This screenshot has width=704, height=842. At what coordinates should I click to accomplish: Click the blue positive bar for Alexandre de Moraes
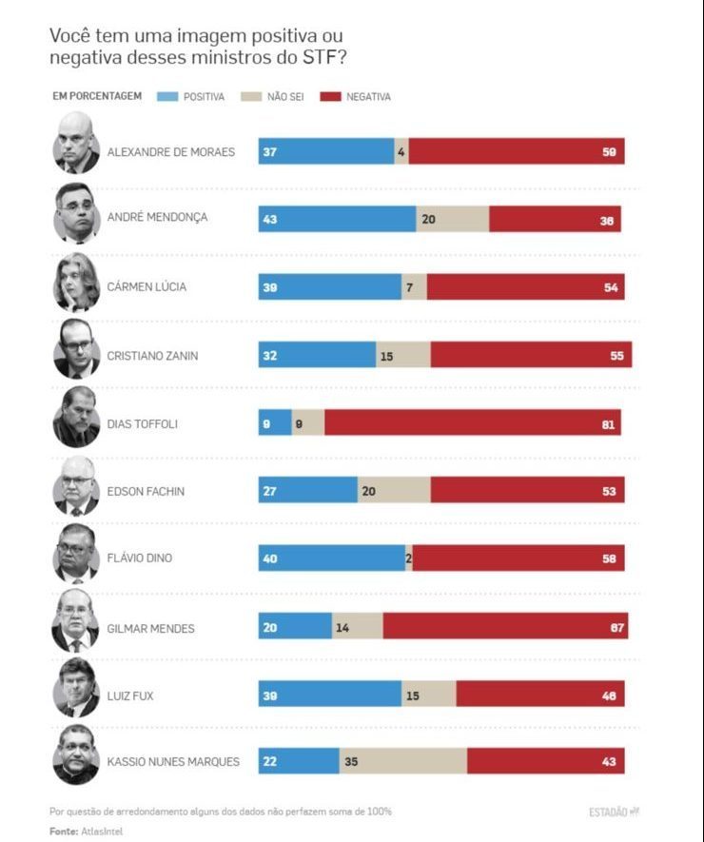326,151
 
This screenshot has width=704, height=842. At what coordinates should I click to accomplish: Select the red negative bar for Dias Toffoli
473,422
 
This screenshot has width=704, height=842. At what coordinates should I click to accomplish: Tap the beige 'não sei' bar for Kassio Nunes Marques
402,761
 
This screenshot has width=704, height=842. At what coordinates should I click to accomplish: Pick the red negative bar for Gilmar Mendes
505,626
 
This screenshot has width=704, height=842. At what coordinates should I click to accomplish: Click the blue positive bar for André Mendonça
337,219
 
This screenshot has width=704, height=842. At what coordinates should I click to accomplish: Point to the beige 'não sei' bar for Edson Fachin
394,490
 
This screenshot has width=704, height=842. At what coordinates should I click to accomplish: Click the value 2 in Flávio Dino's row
409,558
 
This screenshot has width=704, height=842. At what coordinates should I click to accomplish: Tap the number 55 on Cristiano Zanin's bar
616,355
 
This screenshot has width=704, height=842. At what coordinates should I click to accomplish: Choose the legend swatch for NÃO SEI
251,97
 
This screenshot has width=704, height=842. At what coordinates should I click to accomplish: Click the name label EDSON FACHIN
146,491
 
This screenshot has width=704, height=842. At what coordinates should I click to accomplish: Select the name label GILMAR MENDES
151,627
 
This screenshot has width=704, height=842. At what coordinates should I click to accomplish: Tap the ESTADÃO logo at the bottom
614,812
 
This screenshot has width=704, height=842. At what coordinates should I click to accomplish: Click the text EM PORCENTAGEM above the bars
97,97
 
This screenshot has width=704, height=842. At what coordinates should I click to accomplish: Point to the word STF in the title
319,57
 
